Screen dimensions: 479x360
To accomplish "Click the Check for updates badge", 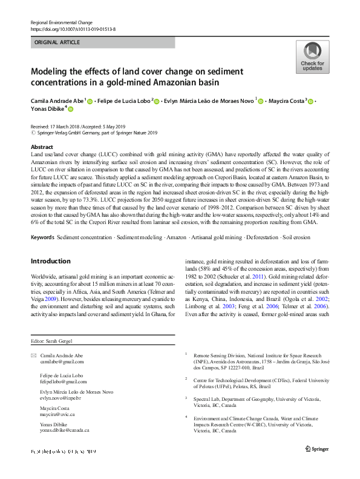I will coord(312,58).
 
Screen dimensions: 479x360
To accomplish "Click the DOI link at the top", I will coord(73,29).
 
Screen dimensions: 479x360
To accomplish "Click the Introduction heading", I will coord(50,261).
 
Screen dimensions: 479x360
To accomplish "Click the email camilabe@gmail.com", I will coord(62,362).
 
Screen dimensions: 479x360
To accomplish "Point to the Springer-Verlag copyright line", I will coord(94,132).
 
